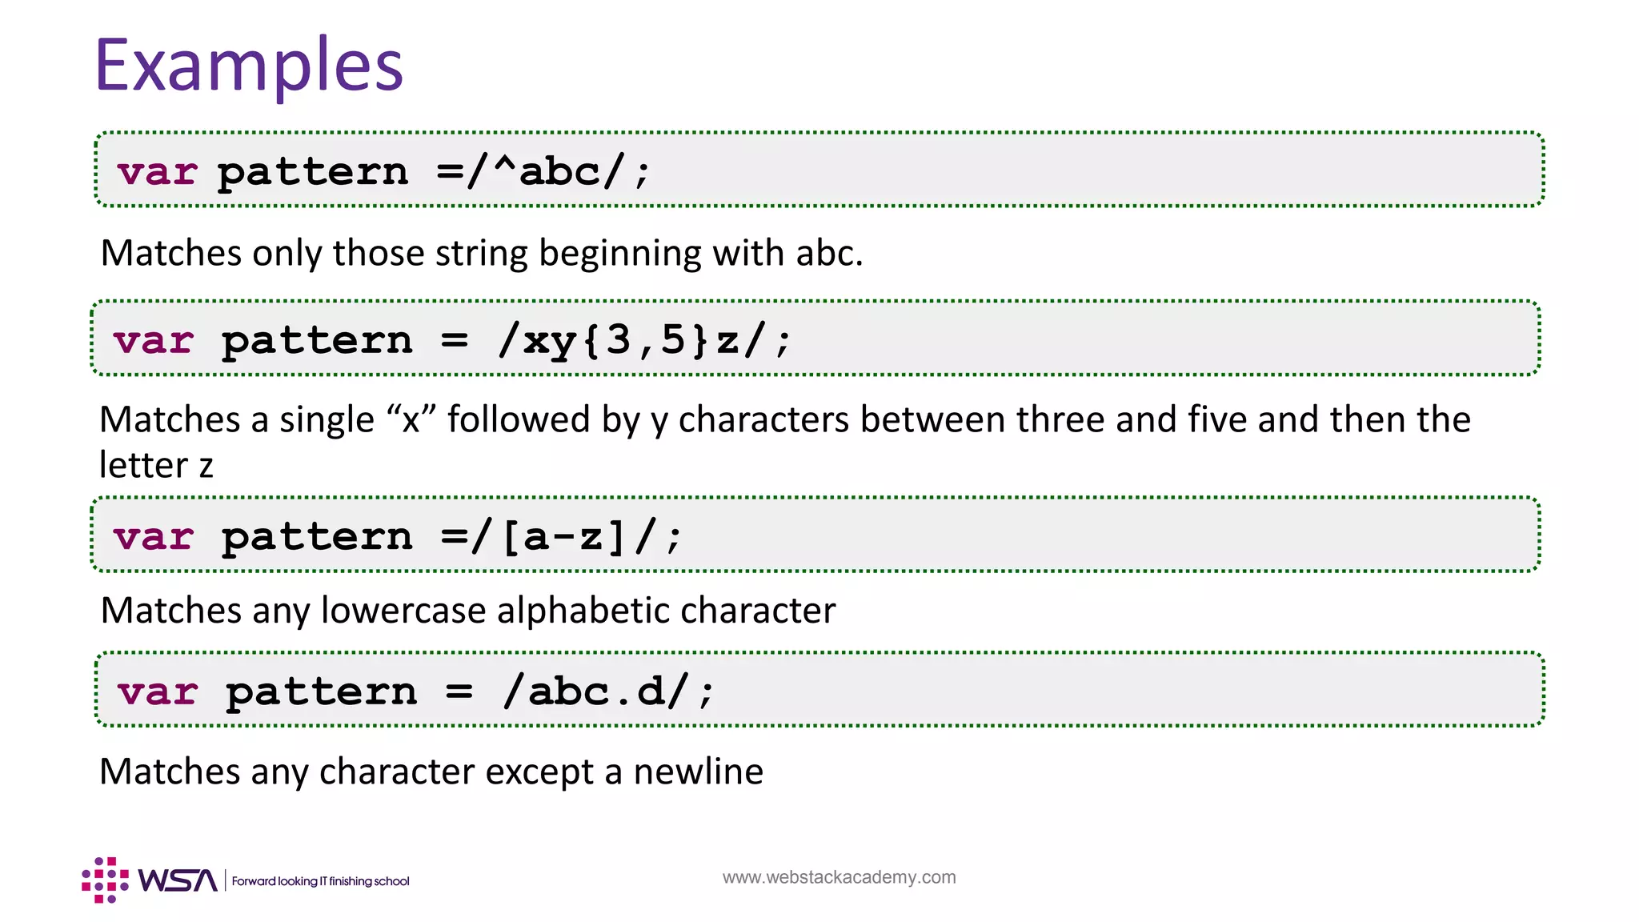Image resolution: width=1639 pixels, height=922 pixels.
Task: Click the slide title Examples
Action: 249,66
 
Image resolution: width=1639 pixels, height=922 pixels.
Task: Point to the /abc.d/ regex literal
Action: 595,691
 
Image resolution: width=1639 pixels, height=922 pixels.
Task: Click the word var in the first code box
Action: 157,172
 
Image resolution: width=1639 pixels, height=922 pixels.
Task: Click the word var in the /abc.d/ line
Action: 157,691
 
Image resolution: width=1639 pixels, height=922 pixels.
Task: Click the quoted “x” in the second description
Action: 411,419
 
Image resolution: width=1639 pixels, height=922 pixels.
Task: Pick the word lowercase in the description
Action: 403,611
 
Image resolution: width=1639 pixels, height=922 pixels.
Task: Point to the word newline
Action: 698,772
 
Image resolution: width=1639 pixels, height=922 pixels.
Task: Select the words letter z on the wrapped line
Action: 156,465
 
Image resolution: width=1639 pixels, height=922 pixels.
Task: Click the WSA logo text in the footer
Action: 177,880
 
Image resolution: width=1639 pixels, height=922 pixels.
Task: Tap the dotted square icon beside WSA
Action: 105,880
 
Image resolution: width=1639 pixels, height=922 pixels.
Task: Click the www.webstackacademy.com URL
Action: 839,877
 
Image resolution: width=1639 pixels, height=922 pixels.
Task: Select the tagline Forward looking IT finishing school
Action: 320,881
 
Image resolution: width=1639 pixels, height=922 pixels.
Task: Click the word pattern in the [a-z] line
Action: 317,536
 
